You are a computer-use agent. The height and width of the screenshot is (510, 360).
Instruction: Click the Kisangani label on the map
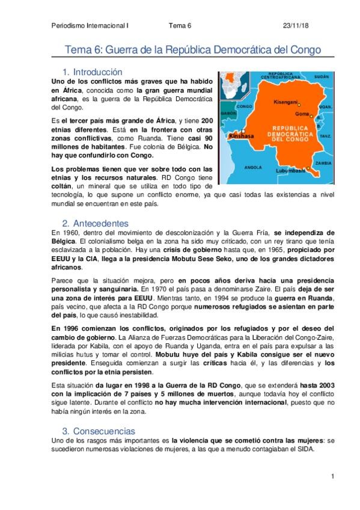(286, 102)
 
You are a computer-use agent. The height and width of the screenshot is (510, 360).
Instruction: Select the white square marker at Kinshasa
(243, 132)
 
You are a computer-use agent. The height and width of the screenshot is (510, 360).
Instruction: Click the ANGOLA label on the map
(254, 167)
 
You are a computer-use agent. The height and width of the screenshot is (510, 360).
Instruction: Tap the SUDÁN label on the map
(322, 78)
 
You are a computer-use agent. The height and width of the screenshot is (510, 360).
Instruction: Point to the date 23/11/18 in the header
(295, 26)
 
